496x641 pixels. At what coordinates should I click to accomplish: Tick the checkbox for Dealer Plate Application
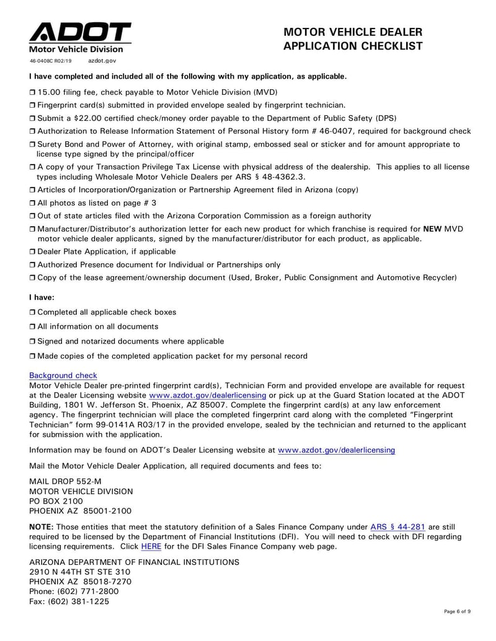click(33, 252)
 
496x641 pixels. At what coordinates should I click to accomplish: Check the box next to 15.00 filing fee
click(33, 92)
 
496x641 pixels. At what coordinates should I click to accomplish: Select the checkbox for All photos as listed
click(33, 203)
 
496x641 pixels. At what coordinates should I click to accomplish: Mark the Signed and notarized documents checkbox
click(33, 342)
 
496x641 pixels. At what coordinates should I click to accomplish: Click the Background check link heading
click(63, 375)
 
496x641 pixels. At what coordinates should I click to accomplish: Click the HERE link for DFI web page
click(150, 547)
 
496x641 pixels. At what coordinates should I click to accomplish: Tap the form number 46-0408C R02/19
click(51, 61)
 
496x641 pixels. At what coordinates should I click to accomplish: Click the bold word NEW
click(432, 229)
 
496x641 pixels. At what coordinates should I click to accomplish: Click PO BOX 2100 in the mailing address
click(56, 501)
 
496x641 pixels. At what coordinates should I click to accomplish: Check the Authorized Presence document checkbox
click(33, 265)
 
